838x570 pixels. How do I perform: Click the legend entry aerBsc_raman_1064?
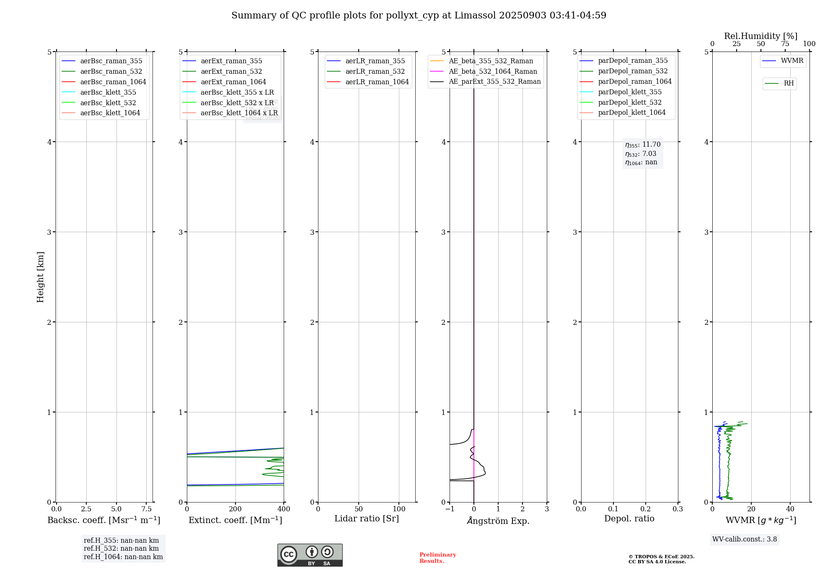coord(113,82)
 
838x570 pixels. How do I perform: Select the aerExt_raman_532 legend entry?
coord(231,71)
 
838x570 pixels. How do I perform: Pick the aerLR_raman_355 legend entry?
coord(375,61)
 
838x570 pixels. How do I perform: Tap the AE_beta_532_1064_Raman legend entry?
coord(493,71)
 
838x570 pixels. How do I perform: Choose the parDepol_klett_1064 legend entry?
coord(631,112)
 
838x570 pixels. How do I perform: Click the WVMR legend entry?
coord(792,61)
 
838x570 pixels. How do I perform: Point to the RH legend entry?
coord(789,83)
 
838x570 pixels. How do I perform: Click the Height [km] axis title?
coord(40,277)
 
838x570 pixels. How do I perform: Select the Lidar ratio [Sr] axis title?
coord(367,518)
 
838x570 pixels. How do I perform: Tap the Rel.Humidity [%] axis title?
coord(760,36)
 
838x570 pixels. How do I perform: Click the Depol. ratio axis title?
coord(629,518)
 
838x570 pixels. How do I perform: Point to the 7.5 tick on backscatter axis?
coord(146,509)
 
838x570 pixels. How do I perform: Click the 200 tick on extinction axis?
coord(235,509)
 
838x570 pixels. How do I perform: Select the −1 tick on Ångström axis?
coord(450,509)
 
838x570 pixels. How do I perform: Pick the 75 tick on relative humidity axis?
coord(785,44)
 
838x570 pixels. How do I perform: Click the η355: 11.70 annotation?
coord(643,145)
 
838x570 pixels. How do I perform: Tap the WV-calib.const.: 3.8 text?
coord(745,539)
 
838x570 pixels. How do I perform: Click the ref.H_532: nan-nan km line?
coord(121,549)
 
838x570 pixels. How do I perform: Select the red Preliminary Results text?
coord(437,558)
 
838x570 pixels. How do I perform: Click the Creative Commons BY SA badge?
coord(310,555)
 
